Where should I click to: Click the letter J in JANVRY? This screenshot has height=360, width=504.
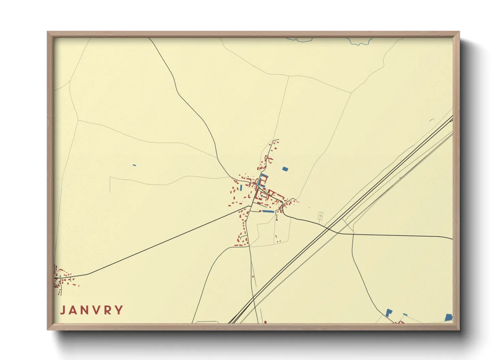[63, 310]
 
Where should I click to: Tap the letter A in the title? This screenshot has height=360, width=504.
[74, 310]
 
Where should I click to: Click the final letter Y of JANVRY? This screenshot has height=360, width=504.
[119, 310]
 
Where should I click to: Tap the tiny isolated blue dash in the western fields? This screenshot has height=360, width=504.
[134, 165]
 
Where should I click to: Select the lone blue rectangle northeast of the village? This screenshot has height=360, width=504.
[285, 169]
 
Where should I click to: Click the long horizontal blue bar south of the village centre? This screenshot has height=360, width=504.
[268, 211]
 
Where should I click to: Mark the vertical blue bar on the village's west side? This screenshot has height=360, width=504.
[241, 187]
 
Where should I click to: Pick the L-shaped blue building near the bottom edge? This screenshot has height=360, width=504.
[389, 312]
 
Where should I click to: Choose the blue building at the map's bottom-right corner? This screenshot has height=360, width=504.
[448, 317]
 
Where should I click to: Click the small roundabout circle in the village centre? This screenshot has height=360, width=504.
[259, 188]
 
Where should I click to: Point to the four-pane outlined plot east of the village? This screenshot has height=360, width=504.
[320, 216]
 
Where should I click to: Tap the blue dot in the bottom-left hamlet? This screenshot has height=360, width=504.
[60, 276]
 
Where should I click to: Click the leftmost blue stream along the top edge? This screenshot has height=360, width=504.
[300, 40]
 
